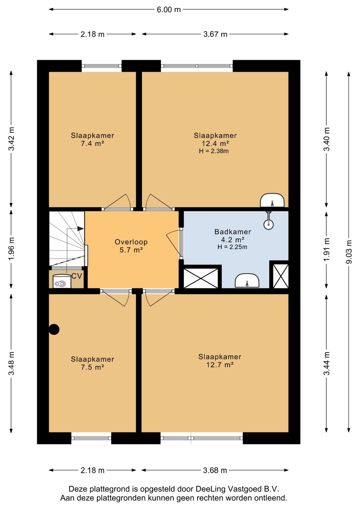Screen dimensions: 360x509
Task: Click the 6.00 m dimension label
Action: tap(169, 10)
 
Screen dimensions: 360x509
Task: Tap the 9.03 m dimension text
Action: tap(349, 252)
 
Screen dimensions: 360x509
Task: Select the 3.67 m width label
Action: tap(215, 34)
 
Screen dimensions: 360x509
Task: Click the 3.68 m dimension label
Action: tap(215, 470)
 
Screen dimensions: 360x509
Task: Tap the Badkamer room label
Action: tap(233, 232)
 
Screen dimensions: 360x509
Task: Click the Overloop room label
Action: tap(131, 242)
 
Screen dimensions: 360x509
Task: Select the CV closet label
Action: tap(77, 276)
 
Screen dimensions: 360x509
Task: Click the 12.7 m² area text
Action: tap(220, 365)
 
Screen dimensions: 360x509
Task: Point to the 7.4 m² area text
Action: tap(92, 144)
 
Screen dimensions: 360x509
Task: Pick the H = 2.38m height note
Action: tap(214, 151)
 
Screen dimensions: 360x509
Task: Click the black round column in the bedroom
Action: tap(54, 329)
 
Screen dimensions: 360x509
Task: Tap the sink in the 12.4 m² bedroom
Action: tap(272, 200)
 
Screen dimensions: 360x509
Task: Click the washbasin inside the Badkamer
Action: tap(247, 281)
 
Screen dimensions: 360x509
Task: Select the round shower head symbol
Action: tap(268, 224)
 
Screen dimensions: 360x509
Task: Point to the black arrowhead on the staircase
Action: tap(81, 228)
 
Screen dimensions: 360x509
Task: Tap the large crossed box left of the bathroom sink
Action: tap(201, 278)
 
